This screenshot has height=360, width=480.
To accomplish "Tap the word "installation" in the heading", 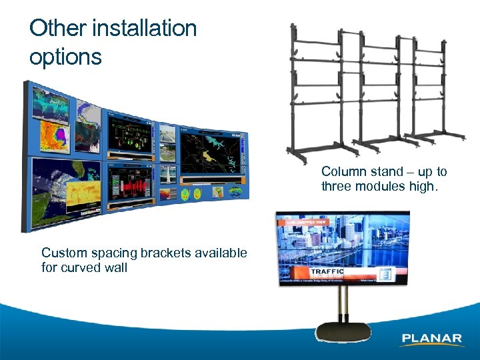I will [145, 29].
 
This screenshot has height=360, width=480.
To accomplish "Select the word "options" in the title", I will [65, 57].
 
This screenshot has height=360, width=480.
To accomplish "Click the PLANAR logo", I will [432, 339].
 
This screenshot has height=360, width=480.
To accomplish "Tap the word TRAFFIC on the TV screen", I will [327, 272].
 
